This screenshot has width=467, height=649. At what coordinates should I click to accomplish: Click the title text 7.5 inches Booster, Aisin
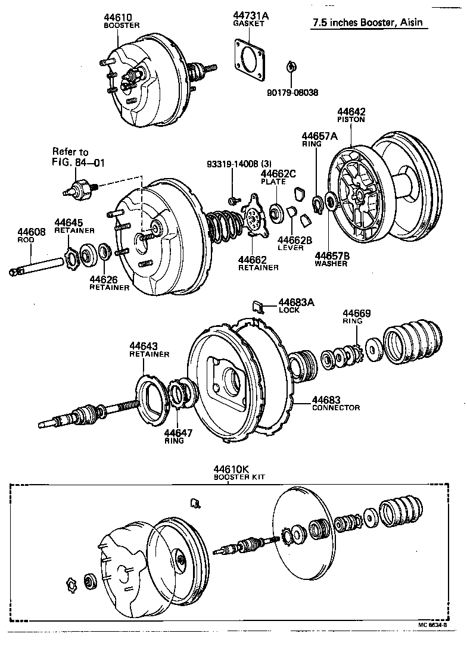click(x=369, y=24)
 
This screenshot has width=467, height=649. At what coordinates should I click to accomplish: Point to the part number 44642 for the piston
click(x=351, y=111)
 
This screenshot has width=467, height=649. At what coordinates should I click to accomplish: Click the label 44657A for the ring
click(x=319, y=136)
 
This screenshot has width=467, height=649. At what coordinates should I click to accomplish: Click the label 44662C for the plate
click(x=278, y=173)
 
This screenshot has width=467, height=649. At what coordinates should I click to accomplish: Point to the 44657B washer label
click(x=332, y=255)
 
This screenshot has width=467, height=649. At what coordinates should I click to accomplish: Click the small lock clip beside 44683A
click(x=258, y=306)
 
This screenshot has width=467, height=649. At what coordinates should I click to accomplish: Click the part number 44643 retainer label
click(x=144, y=346)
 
